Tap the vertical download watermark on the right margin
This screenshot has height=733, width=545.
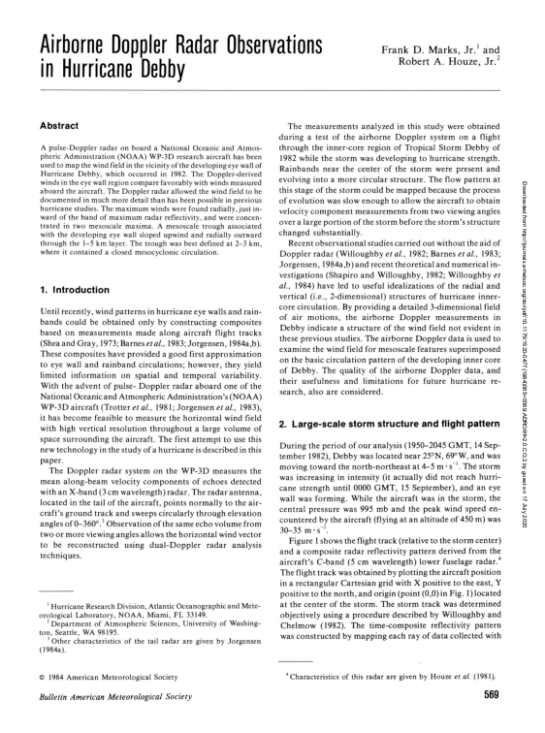[x=535, y=194]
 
